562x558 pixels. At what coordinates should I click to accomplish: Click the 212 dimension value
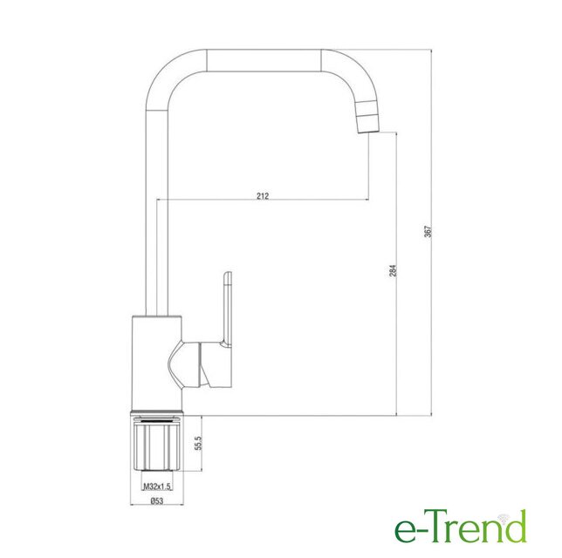(263, 196)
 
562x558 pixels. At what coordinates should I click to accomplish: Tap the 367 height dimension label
(428, 232)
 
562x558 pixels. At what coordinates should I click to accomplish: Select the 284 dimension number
(394, 271)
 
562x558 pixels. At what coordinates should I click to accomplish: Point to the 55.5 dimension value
(199, 443)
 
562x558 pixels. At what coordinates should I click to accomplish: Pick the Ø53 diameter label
(156, 500)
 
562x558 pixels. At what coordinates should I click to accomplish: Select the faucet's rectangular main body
(157, 362)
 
